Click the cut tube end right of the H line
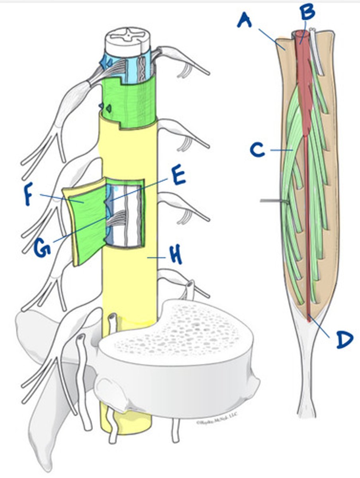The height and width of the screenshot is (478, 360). (190, 286)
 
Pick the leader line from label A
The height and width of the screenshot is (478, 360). (272, 38)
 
